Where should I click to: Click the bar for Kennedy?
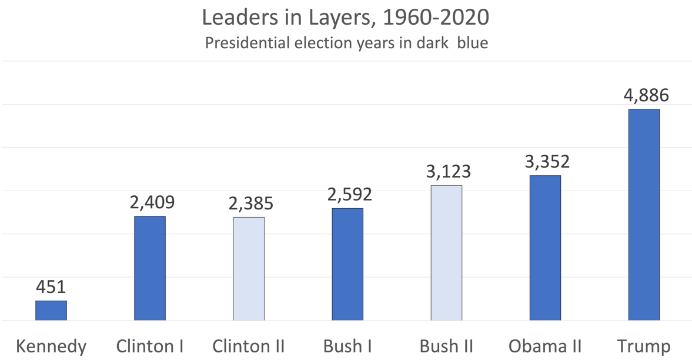pyautogui.click(x=51, y=311)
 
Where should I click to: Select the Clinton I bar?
pyautogui.click(x=150, y=268)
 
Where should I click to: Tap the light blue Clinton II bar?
pyautogui.click(x=249, y=269)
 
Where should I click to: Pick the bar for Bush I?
pyautogui.click(x=347, y=264)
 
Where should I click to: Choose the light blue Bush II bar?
pyautogui.click(x=446, y=253)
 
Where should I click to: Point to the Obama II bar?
pyautogui.click(x=545, y=248)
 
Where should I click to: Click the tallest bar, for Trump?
pyautogui.click(x=644, y=215)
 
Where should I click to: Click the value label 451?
pyautogui.click(x=51, y=288)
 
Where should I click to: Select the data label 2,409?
pyautogui.click(x=150, y=203)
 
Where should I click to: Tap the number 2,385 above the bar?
pyautogui.click(x=249, y=204)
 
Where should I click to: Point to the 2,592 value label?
pyautogui.click(x=347, y=195)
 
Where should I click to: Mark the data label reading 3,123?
pyautogui.click(x=446, y=172)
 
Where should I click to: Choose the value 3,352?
pyautogui.click(x=545, y=162)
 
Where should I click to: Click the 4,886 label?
pyautogui.click(x=644, y=95)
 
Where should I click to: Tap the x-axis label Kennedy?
pyautogui.click(x=51, y=346)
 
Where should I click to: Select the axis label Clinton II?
pyautogui.click(x=249, y=346)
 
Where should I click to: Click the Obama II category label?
pyautogui.click(x=545, y=346)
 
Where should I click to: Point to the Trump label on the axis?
pyautogui.click(x=644, y=346)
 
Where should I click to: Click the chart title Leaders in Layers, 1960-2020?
pyautogui.click(x=346, y=17)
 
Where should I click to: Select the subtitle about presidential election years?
pyautogui.click(x=346, y=43)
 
